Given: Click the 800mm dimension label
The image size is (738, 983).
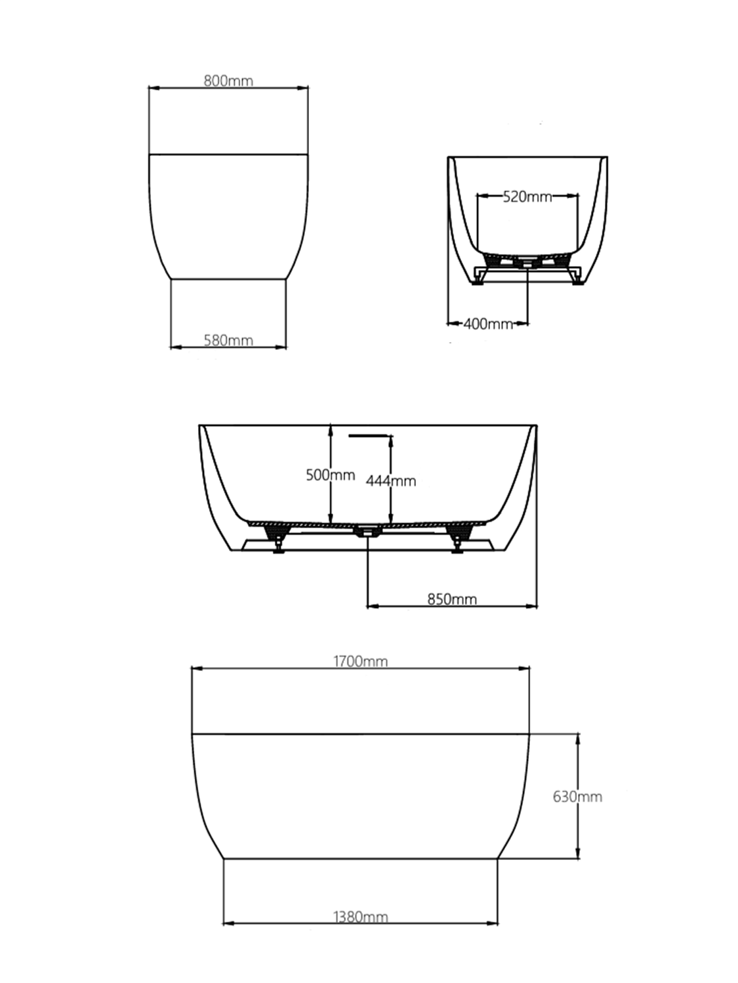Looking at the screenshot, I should click(228, 81).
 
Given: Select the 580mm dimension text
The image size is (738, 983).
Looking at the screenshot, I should click(228, 340).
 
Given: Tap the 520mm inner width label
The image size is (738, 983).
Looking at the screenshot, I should click(527, 197).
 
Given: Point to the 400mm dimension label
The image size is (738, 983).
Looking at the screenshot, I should click(488, 324).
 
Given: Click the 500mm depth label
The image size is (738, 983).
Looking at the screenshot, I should click(330, 475).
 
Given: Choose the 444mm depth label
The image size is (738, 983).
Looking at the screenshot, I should click(391, 481).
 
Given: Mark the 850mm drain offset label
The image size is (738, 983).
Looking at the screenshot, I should click(452, 599).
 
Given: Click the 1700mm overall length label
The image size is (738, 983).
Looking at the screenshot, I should click(360, 661).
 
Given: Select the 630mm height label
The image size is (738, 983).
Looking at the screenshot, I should click(577, 797).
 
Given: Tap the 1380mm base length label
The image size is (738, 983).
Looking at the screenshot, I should click(360, 917).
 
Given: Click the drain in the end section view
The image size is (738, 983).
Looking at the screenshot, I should click(528, 263).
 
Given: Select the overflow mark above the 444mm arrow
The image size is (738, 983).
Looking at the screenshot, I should click(371, 435).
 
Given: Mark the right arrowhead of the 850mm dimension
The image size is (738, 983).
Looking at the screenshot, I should click(533, 606).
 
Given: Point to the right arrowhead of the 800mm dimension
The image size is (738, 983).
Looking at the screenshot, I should click(304, 88).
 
